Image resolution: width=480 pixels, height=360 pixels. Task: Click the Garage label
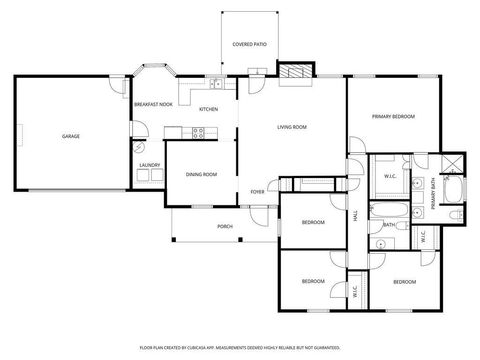pyautogui.click(x=70, y=136)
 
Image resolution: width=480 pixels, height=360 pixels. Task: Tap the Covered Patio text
pyautogui.click(x=249, y=45)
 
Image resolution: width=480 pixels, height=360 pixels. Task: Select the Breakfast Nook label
pyautogui.click(x=152, y=103)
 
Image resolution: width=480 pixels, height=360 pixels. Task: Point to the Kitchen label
pyautogui.click(x=209, y=109)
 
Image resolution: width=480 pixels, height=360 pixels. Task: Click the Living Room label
pyautogui.click(x=292, y=127)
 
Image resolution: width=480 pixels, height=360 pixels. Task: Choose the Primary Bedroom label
pyautogui.click(x=393, y=117)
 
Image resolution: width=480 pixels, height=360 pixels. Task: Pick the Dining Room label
pyautogui.click(x=201, y=174)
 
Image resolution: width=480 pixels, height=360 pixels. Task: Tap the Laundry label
pyautogui.click(x=150, y=165)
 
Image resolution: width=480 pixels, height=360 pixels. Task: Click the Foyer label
pyautogui.click(x=258, y=191)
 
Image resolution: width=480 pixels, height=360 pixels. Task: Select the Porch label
pyautogui.click(x=225, y=226)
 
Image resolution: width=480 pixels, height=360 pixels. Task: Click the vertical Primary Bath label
pyautogui.click(x=434, y=191)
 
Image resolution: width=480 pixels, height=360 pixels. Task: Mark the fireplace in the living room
pyautogui.click(x=292, y=73)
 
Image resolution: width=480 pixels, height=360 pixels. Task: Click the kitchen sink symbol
pyautogui.click(x=217, y=85)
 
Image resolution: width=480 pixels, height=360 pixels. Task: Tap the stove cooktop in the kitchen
pyautogui.click(x=198, y=133)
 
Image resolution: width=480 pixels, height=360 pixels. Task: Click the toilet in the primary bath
pyautogui.click(x=454, y=214)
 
